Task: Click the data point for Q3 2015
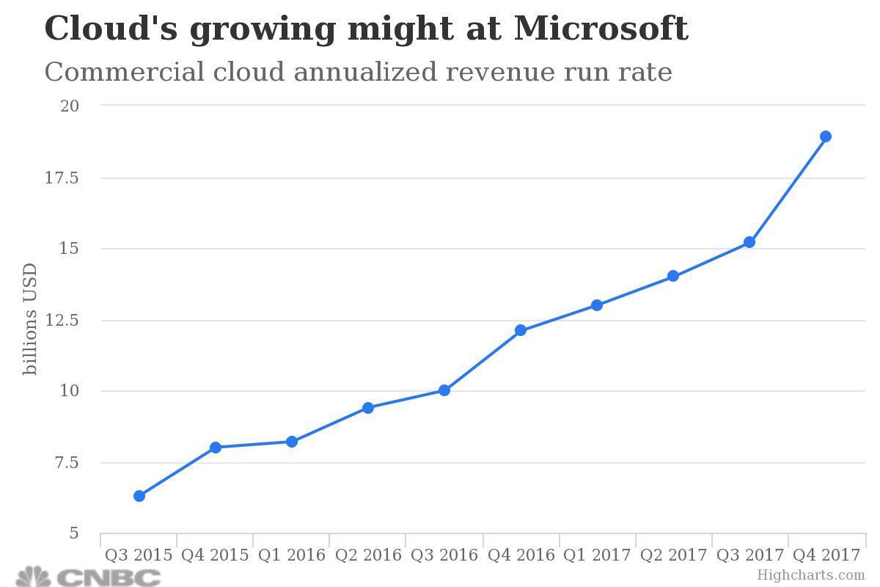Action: pyautogui.click(x=139, y=496)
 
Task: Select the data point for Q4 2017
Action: pyautogui.click(x=826, y=136)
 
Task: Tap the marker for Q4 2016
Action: pyautogui.click(x=521, y=330)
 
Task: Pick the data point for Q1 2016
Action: pyautogui.click(x=292, y=442)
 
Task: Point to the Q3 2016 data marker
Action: pyautogui.click(x=444, y=390)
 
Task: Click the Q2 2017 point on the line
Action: pyautogui.click(x=673, y=277)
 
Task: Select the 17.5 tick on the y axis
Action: pyautogui.click(x=78, y=178)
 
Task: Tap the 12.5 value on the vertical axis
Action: pyautogui.click(x=78, y=320)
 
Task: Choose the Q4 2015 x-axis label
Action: pyautogui.click(x=215, y=555)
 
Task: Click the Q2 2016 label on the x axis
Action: pyautogui.click(x=368, y=555)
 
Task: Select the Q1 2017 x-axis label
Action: pyautogui.click(x=597, y=555)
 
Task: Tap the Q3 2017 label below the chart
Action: pyautogui.click(x=749, y=555)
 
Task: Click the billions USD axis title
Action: pyautogui.click(x=30, y=319)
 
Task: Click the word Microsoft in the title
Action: pyautogui.click(x=601, y=29)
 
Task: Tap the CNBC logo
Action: pyautogui.click(x=88, y=577)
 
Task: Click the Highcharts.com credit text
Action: pyautogui.click(x=811, y=575)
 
